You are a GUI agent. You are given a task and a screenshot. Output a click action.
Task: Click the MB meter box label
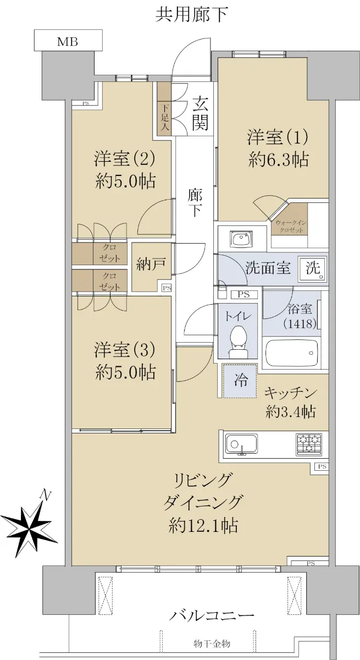click(x=68, y=42)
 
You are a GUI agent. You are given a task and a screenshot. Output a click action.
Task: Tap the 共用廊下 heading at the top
click(x=192, y=14)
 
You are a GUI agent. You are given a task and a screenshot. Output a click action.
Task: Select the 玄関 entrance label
click(x=200, y=113)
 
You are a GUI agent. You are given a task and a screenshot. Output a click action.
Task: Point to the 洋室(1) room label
click(x=278, y=137)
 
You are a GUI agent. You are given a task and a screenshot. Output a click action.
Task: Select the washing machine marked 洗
click(x=313, y=268)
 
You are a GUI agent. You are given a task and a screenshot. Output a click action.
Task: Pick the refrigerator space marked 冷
click(x=240, y=381)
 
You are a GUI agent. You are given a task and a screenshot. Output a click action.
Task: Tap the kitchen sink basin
click(x=241, y=444)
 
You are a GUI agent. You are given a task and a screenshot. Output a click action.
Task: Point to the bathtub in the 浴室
click(x=292, y=353)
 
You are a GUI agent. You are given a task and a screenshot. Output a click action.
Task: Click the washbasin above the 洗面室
click(x=241, y=239)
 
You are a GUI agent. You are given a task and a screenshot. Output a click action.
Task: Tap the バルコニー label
click(x=211, y=615)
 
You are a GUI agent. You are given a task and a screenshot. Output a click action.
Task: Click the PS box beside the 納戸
click(x=167, y=288)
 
